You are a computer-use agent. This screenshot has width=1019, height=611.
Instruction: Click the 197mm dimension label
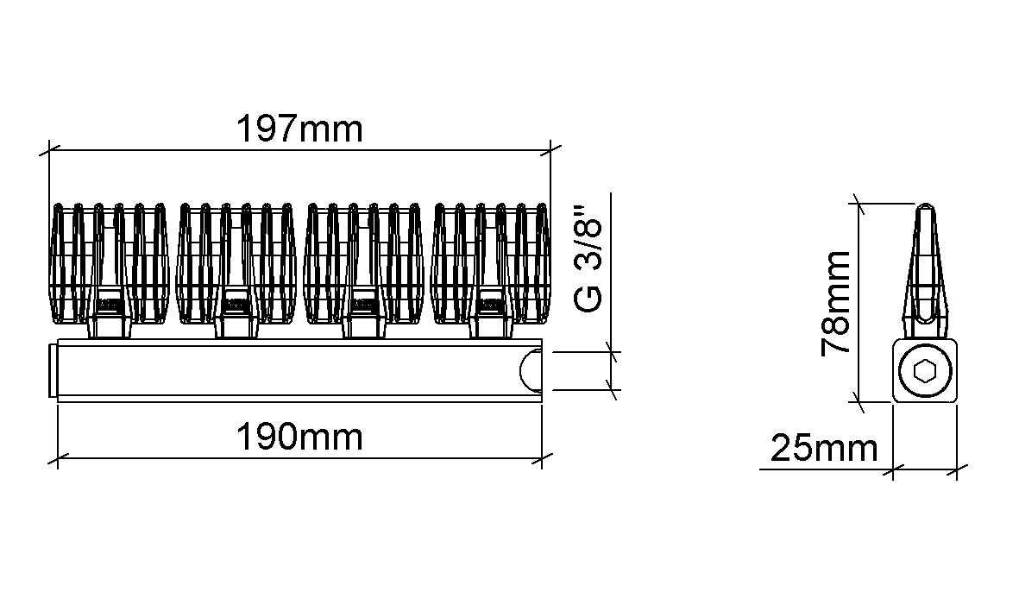(299, 129)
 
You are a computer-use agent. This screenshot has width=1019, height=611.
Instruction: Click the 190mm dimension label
(299, 437)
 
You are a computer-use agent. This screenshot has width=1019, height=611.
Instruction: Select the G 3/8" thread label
(588, 260)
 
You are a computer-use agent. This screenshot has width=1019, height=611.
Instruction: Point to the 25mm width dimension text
(824, 448)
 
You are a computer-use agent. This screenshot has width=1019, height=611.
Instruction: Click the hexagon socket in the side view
(924, 373)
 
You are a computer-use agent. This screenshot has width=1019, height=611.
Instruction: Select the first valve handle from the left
(110, 263)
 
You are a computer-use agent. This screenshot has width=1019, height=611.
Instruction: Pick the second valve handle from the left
(236, 263)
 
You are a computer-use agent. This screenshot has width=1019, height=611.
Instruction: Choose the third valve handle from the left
(364, 263)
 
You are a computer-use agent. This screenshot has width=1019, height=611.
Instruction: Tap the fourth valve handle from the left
(491, 263)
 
